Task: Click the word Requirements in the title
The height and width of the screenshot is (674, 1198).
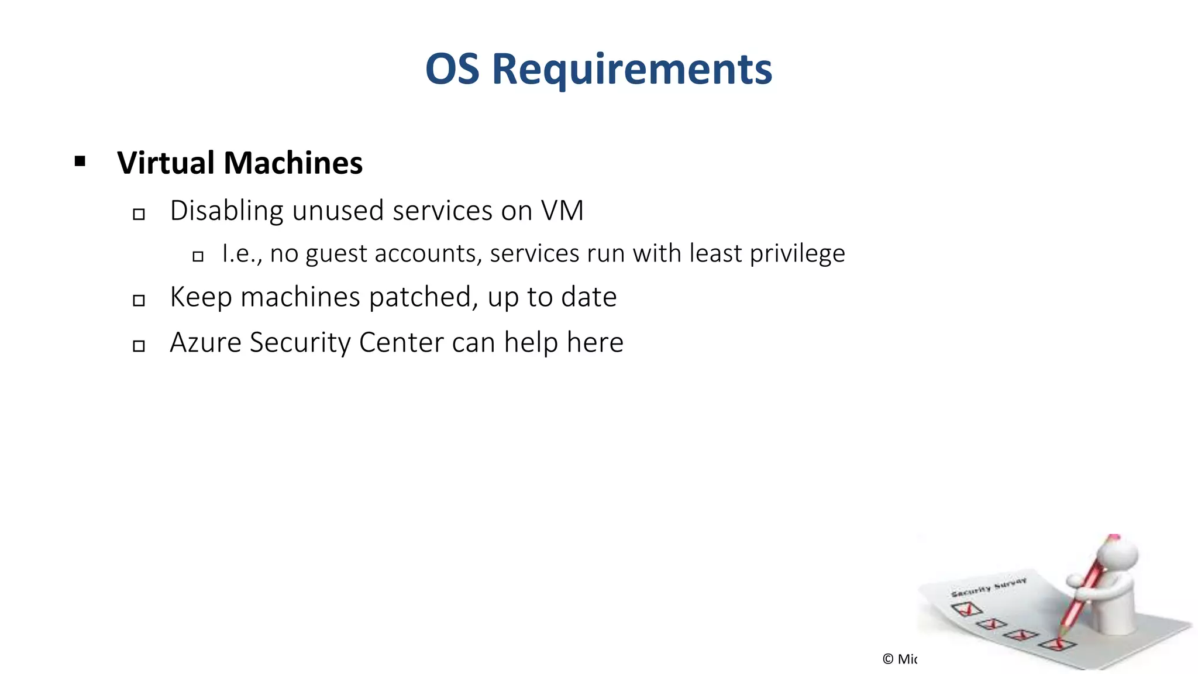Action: click(x=632, y=69)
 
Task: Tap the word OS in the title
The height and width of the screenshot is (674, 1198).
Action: click(x=452, y=69)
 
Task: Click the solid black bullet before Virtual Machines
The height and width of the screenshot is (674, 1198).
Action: click(x=80, y=161)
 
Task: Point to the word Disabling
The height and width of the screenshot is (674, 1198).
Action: click(x=226, y=211)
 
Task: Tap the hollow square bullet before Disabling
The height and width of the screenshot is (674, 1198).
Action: click(x=139, y=214)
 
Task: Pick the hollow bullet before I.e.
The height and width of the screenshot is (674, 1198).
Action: click(x=198, y=256)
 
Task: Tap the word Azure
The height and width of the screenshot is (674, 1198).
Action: click(x=205, y=342)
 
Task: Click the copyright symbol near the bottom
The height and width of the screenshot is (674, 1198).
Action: click(x=888, y=659)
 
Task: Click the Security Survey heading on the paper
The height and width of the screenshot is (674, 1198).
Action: click(x=989, y=587)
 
